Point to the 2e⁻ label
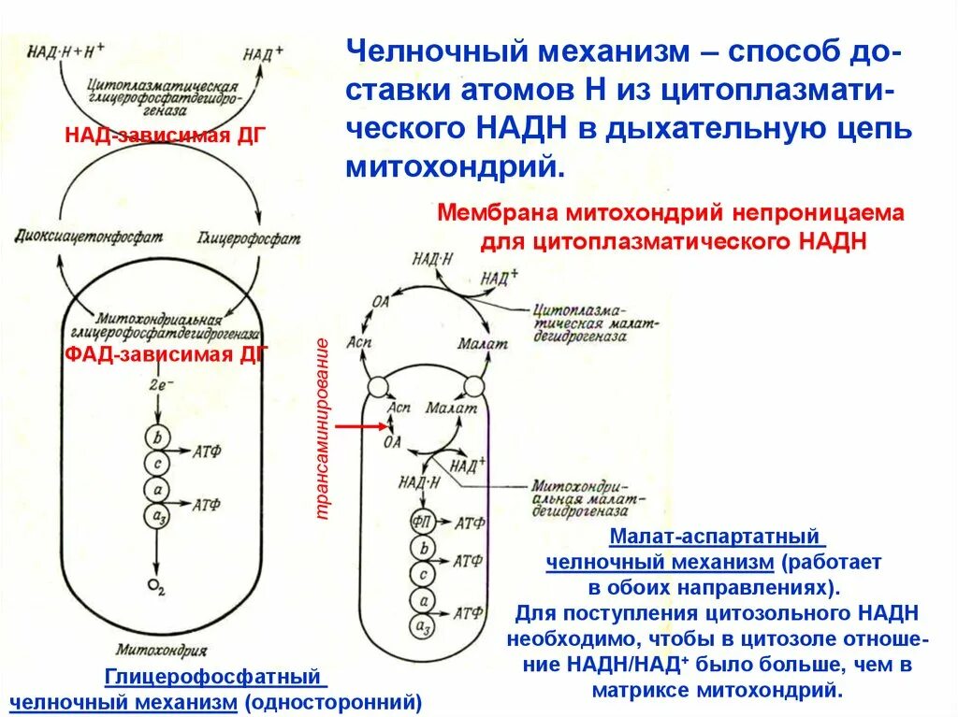(x=160, y=384)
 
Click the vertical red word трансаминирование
(x=322, y=428)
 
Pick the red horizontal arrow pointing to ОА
(x=361, y=425)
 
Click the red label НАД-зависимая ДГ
(x=166, y=136)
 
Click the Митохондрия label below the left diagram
(x=158, y=649)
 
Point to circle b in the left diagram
(x=156, y=437)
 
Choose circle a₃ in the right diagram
(x=420, y=625)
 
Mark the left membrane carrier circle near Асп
(x=378, y=386)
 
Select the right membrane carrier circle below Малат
(x=473, y=386)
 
